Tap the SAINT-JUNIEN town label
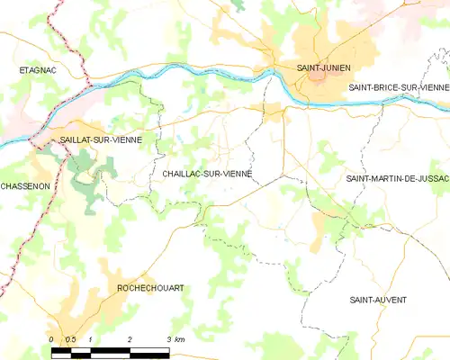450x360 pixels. tap(324, 67)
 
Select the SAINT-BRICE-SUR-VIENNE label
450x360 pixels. tap(396, 86)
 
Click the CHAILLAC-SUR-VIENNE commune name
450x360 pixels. tap(208, 173)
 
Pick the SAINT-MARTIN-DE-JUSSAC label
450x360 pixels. tap(396, 180)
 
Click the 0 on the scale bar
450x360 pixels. tap(52, 339)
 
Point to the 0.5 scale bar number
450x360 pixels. tap(70, 339)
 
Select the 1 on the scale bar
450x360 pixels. tap(93, 339)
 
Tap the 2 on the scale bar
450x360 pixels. tap(131, 339)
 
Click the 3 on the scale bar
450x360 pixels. tap(169, 339)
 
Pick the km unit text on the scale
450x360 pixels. tap(180, 339)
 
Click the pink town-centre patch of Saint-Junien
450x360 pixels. tap(317, 80)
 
